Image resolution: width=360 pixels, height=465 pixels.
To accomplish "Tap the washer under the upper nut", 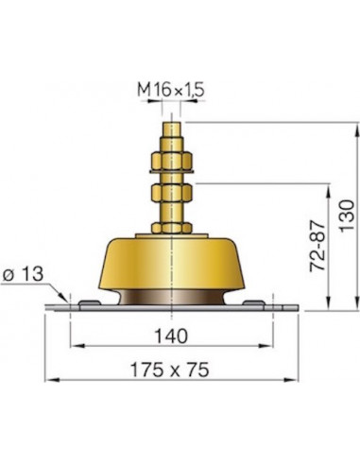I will [173, 173].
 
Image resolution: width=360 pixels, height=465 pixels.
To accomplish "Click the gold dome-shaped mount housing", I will [173, 260].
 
